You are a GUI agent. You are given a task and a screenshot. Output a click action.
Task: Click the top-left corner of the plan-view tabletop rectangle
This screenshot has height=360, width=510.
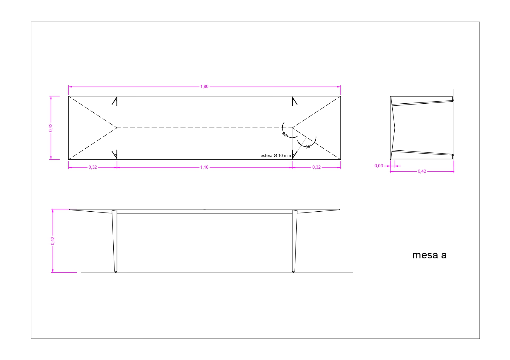[x=69, y=96]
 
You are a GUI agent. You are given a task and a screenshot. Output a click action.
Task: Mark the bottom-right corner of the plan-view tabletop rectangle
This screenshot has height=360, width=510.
[x=341, y=159]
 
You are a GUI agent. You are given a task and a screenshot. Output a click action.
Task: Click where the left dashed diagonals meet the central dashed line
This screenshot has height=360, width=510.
[x=117, y=128]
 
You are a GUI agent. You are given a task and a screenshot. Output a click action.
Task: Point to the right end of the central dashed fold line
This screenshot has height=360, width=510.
[x=292, y=128]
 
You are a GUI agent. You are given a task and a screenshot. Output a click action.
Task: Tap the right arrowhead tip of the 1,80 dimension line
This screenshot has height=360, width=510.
[x=341, y=87]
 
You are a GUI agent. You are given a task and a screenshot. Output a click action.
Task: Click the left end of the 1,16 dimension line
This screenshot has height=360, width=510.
[x=117, y=168]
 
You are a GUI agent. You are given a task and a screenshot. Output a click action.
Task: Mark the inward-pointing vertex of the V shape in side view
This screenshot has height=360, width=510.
[x=395, y=127]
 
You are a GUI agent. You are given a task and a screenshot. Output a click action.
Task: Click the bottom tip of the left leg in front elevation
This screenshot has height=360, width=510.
[x=116, y=272]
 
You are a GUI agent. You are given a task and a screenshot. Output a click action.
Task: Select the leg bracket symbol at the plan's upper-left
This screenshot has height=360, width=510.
[x=115, y=101]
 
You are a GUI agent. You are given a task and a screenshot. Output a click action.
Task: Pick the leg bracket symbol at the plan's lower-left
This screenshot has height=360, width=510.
[x=115, y=154]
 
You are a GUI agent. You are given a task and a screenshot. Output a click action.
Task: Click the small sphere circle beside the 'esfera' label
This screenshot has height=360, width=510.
[x=293, y=156]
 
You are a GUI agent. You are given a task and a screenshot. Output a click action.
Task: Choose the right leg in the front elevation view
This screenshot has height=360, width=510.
[x=294, y=241]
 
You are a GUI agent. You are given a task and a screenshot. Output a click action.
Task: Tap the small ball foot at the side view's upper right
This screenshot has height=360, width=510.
[x=453, y=100]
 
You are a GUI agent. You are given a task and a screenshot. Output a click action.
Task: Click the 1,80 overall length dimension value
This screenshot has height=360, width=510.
[x=204, y=87]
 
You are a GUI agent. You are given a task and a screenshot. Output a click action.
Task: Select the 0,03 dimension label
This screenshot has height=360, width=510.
[x=379, y=166]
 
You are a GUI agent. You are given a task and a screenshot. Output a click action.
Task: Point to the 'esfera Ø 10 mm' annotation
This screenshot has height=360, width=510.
[x=276, y=156]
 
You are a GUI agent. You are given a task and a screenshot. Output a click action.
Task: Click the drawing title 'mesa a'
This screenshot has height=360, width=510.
[x=430, y=255]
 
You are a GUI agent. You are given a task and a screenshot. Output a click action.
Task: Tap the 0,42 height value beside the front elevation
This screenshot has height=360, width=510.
[x=53, y=241]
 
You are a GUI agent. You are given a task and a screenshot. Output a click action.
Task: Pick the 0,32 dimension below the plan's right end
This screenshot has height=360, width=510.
[x=316, y=167]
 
